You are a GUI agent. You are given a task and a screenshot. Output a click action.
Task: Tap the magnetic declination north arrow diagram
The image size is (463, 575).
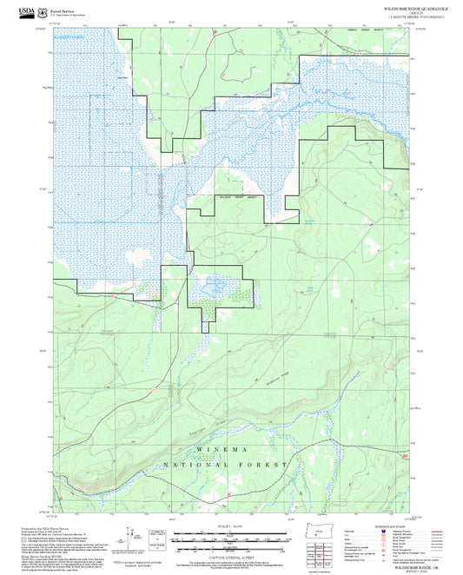coord(134,540)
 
